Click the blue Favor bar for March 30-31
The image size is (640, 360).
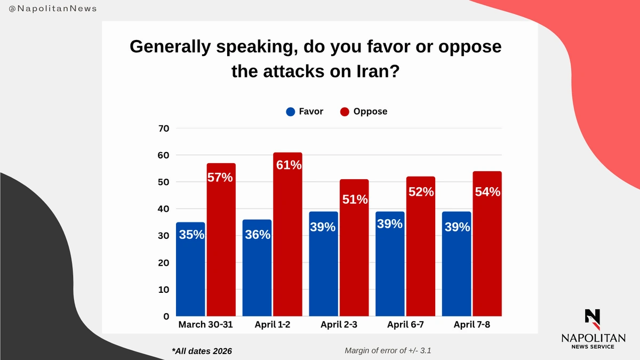tap(190, 269)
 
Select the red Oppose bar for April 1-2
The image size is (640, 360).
tap(288, 235)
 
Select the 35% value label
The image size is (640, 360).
tap(191, 234)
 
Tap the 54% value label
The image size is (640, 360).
tap(487, 191)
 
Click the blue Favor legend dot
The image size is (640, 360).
tap(291, 112)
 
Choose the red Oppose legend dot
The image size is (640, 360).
tap(345, 112)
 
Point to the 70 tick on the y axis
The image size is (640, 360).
tap(163, 129)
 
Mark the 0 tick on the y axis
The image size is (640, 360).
tap(166, 316)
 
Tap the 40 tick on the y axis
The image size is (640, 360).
tap(163, 209)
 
